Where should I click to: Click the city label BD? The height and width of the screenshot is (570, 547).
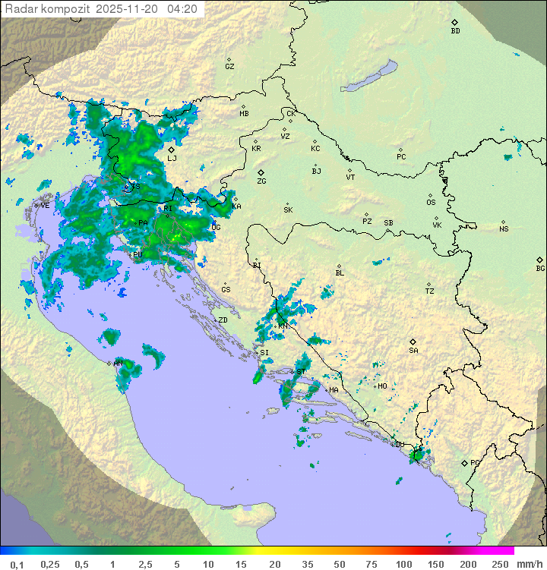point(455,31)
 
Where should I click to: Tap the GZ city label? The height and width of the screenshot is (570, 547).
point(229,66)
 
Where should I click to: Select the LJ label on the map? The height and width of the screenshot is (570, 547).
point(172,158)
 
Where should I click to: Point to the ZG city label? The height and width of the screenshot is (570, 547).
point(261,181)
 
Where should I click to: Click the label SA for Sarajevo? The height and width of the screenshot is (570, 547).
point(413,350)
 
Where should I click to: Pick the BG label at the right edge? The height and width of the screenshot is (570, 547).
point(540,268)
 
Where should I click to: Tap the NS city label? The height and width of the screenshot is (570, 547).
point(504,228)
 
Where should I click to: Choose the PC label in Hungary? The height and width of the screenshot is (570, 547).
point(401,157)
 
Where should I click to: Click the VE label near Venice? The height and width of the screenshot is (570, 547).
point(45,205)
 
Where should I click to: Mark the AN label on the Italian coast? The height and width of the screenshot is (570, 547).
point(119,364)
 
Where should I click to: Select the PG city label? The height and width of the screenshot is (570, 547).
point(475,462)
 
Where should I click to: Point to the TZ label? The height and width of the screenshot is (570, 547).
point(430,291)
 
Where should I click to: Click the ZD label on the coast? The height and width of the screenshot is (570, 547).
point(223,320)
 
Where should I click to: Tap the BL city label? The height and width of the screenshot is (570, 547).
point(340,272)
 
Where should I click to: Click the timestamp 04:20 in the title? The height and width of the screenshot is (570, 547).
point(182,9)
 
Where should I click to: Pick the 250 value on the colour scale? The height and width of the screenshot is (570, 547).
point(499,564)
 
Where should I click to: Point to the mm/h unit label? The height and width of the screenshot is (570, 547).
point(529,564)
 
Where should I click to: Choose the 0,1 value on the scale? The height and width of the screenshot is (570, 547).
point(17,564)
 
